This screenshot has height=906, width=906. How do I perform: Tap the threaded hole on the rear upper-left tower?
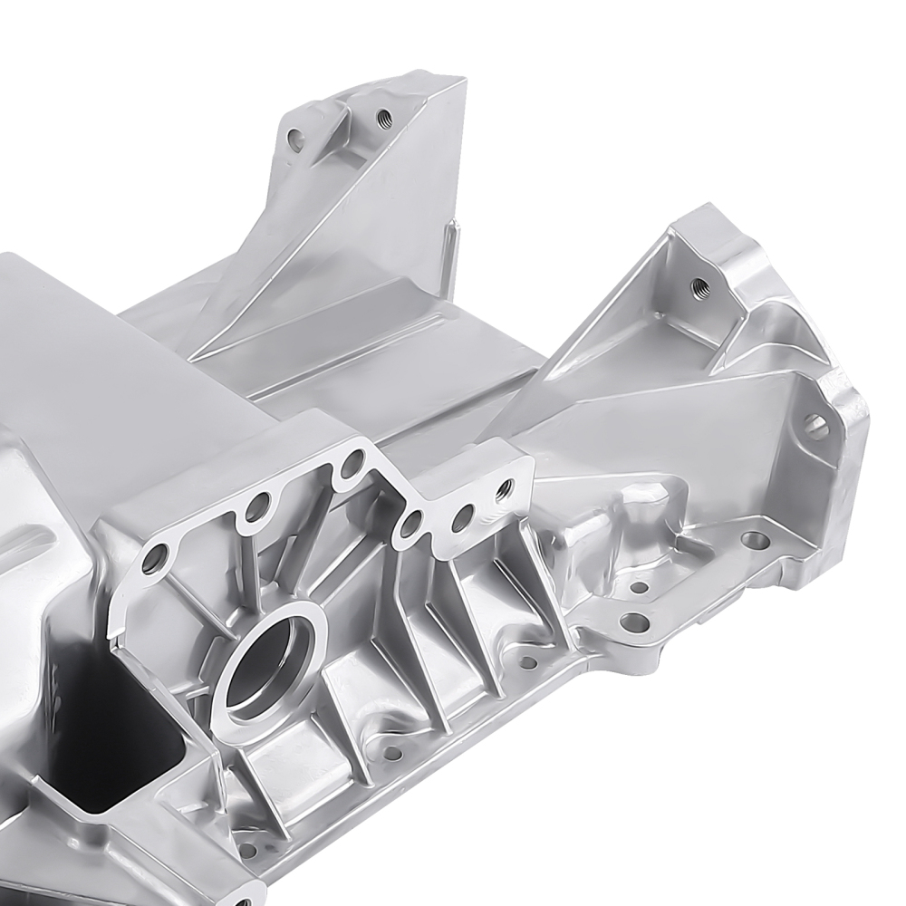[381, 116]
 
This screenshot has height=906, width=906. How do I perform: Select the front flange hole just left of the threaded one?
[464, 514]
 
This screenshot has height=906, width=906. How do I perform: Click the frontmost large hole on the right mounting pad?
[634, 622]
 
